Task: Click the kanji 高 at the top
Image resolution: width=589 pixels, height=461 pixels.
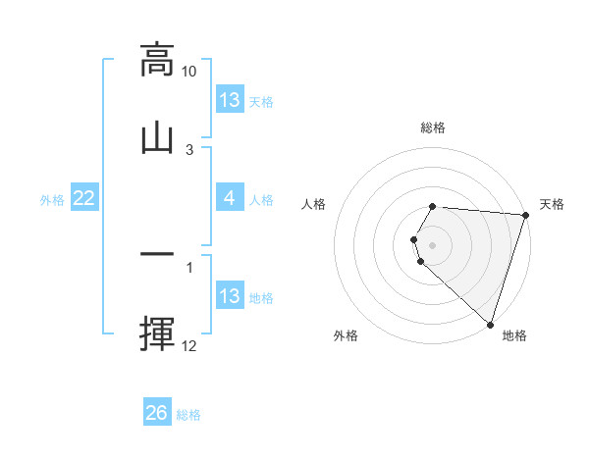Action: [157, 60]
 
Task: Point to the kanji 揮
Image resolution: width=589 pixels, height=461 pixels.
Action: [157, 332]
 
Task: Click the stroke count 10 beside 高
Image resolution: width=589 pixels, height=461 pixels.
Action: [189, 72]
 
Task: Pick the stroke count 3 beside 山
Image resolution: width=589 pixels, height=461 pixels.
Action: [189, 149]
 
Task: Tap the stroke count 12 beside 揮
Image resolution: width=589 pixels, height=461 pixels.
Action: [189, 346]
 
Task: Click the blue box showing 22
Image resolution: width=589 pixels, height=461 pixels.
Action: [84, 199]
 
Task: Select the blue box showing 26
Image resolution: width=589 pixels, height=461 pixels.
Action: [157, 414]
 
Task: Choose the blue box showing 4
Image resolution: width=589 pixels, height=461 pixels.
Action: [230, 198]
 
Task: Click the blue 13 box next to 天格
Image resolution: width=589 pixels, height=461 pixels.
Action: [230, 100]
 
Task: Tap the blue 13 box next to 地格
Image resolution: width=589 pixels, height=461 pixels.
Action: [230, 296]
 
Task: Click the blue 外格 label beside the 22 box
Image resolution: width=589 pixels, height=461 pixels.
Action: [52, 200]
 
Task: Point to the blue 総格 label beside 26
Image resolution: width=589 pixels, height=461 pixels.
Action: [188, 415]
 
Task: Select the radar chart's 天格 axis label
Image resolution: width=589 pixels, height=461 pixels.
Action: [552, 204]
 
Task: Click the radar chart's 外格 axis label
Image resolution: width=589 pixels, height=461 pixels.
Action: [345, 335]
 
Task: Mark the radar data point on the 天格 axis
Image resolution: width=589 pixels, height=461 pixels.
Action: [525, 215]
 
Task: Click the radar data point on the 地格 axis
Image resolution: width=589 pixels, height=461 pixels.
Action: [490, 324]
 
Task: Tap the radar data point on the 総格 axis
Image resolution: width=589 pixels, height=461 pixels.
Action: [432, 207]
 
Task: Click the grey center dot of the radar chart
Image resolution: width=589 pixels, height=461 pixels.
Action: [432, 244]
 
